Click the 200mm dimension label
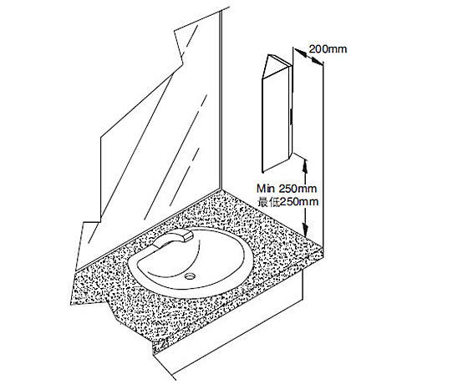point(328,49)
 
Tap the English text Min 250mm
point(287,189)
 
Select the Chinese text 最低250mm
point(288,202)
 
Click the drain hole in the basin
point(189,276)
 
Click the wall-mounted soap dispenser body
point(276,115)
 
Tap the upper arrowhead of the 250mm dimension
point(305,165)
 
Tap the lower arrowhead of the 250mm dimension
point(305,230)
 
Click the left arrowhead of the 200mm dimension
point(301,53)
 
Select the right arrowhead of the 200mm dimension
point(317,60)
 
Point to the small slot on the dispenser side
point(291,115)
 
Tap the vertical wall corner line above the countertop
point(221,100)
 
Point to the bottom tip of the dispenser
point(262,172)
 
